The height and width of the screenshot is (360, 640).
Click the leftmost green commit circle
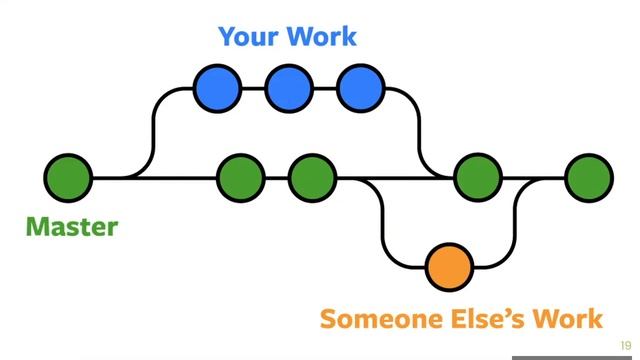tap(68, 178)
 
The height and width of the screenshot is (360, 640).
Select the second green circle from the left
tap(240, 178)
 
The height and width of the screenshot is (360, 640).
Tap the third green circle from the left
tap(312, 178)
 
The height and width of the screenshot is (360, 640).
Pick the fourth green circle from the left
tap(477, 178)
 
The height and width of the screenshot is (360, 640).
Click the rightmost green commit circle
tap(588, 178)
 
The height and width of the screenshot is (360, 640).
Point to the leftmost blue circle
tap(218, 88)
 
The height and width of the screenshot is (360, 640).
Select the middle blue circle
tap(289, 88)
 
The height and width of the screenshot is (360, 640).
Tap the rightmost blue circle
tap(360, 88)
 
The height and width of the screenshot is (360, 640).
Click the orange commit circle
tap(448, 267)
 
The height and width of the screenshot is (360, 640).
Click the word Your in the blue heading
tap(249, 37)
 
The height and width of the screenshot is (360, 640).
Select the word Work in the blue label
tap(321, 37)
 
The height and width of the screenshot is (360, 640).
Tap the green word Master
tap(71, 227)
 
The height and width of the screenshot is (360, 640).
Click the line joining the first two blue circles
tap(254, 88)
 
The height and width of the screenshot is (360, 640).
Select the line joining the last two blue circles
tap(325, 88)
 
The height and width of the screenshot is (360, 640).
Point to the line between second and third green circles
tap(276, 178)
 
